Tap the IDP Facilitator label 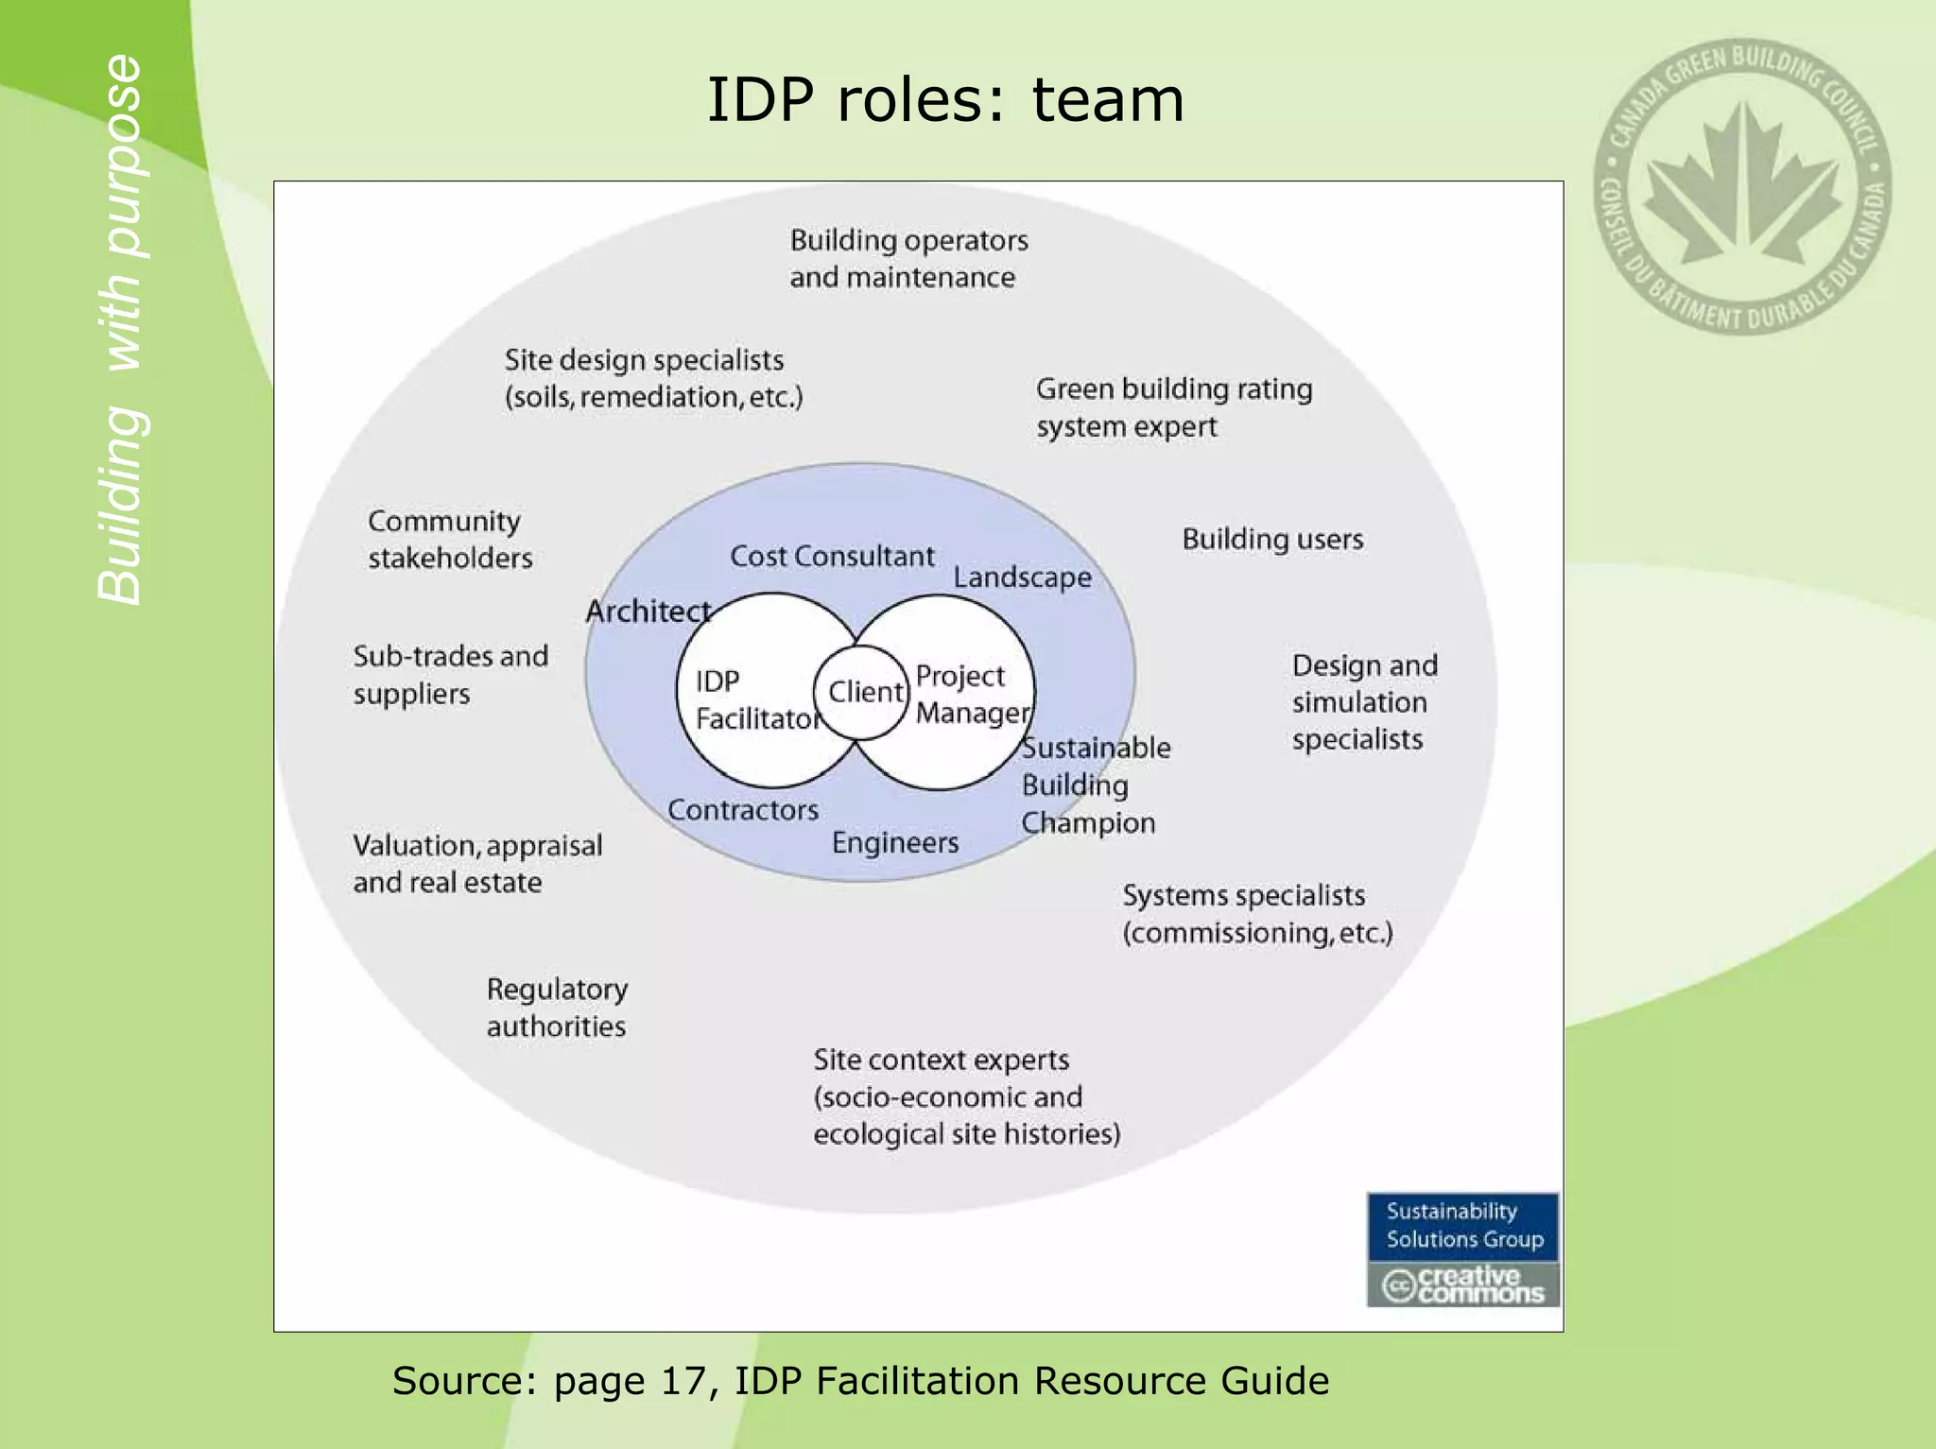pyautogui.click(x=755, y=700)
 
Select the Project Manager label pyautogui.click(x=970, y=694)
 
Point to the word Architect pyautogui.click(x=648, y=612)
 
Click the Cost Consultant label pyautogui.click(x=832, y=556)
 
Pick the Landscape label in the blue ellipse pyautogui.click(x=1022, y=577)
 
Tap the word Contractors pyautogui.click(x=743, y=810)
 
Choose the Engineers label pyautogui.click(x=895, y=842)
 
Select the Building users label pyautogui.click(x=1272, y=539)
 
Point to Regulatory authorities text pyautogui.click(x=557, y=1008)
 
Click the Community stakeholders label pyautogui.click(x=449, y=540)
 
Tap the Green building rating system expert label pyautogui.click(x=1173, y=407)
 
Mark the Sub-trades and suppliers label pyautogui.click(x=450, y=675)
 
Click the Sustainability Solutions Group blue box pyautogui.click(x=1463, y=1226)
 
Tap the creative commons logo pyautogui.click(x=1463, y=1285)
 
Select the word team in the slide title pyautogui.click(x=1107, y=99)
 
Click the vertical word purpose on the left pyautogui.click(x=123, y=156)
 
